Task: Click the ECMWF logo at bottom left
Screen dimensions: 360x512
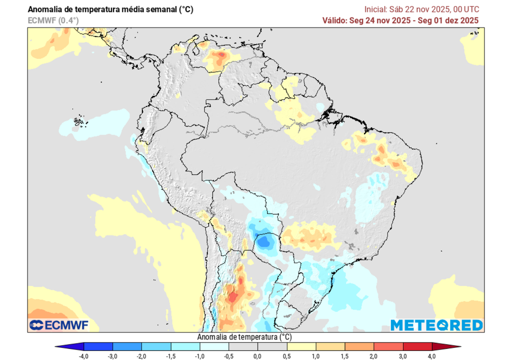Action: pyautogui.click(x=58, y=325)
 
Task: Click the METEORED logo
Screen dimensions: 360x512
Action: pyautogui.click(x=436, y=325)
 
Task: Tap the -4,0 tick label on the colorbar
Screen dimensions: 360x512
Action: pyautogui.click(x=84, y=356)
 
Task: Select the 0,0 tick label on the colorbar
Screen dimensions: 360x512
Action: pyautogui.click(x=257, y=356)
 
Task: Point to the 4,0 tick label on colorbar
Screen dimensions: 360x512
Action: pyautogui.click(x=431, y=356)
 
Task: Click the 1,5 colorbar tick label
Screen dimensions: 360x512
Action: pyautogui.click(x=344, y=356)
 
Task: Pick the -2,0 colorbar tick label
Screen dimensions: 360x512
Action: pyautogui.click(x=142, y=356)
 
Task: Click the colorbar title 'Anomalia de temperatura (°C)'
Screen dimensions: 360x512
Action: pyautogui.click(x=244, y=337)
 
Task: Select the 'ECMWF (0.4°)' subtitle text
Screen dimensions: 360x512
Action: pyautogui.click(x=53, y=20)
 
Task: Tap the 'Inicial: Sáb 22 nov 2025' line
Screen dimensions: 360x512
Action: pyautogui.click(x=421, y=9)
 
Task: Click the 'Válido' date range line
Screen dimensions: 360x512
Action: pyautogui.click(x=400, y=20)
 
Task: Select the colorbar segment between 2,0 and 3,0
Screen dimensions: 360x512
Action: pyautogui.click(x=388, y=346)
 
